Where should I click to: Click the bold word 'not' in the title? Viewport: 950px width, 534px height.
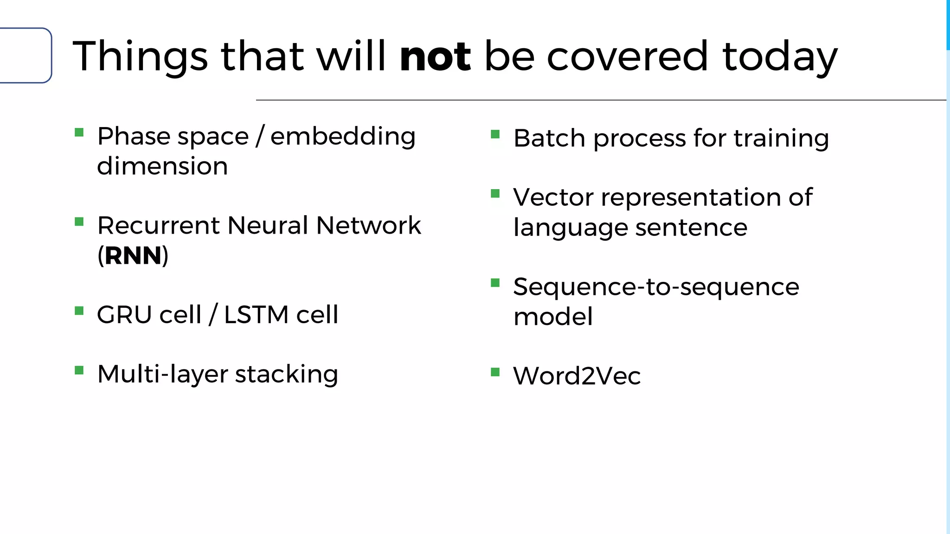pos(435,57)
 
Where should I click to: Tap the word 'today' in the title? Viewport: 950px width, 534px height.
pos(780,57)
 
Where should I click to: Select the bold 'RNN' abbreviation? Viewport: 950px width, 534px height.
pos(133,255)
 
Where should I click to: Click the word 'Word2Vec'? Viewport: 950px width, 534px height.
pos(577,375)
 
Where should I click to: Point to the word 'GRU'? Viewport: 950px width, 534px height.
pos(124,315)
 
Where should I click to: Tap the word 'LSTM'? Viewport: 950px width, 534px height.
pos(257,315)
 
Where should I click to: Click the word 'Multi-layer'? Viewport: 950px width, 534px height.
pos(162,374)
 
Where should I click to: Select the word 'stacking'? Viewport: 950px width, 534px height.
pos(287,374)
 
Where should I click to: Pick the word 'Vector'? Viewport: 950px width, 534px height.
pos(553,197)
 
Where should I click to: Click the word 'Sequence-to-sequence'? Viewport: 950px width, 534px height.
pos(656,286)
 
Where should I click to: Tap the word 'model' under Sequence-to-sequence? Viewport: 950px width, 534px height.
pos(553,317)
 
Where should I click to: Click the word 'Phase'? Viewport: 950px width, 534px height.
pos(134,136)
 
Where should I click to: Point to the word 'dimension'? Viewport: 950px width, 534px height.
pos(162,166)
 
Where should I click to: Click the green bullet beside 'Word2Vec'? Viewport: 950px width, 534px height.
pos(495,372)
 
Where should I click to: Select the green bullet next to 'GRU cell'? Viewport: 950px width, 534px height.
pos(79,311)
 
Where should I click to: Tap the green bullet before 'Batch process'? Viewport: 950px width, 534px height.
pos(495,134)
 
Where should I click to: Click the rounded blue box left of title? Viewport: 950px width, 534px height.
pos(25,56)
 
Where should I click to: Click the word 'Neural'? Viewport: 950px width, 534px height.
pos(268,226)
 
